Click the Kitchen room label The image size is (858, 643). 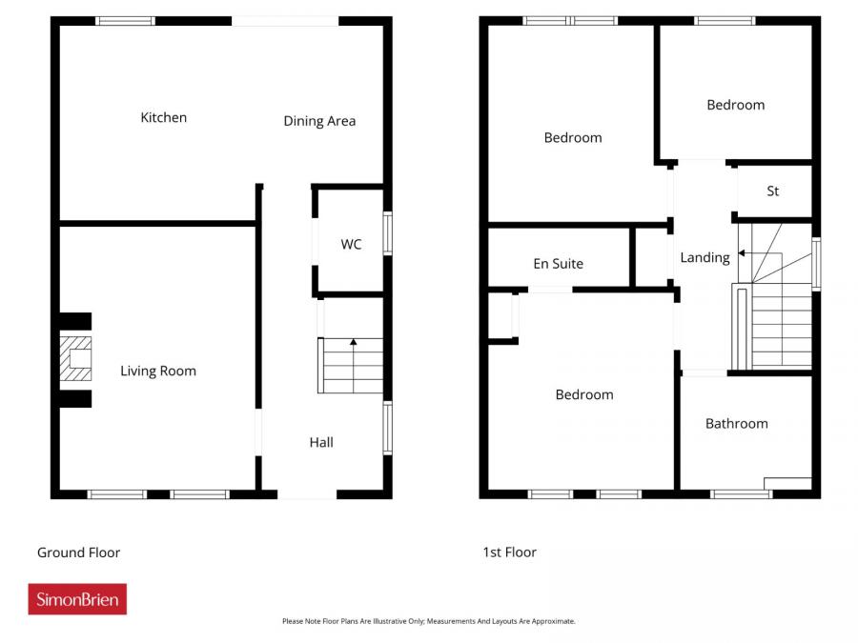(164, 118)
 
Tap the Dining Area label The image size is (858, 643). (319, 121)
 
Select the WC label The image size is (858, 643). (351, 245)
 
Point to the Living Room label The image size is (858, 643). (158, 371)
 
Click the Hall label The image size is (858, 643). (321, 442)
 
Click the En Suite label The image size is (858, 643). (558, 264)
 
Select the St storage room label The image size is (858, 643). (773, 191)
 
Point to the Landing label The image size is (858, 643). (705, 257)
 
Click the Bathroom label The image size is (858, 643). (736, 424)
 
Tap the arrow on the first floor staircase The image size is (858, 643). (742, 253)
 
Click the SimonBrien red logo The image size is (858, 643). (77, 599)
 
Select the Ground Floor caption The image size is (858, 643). (78, 553)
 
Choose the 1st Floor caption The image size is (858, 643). (510, 553)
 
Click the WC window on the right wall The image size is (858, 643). (388, 233)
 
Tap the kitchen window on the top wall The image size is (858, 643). (126, 20)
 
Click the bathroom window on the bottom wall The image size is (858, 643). (741, 493)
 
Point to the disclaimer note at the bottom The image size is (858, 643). (429, 621)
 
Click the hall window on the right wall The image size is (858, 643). (388, 427)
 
